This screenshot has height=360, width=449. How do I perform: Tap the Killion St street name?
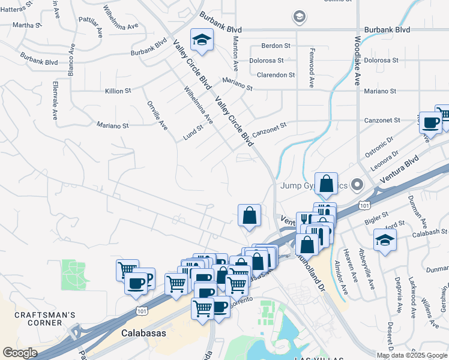point(118,91)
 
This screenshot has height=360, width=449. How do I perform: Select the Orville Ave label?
point(157,115)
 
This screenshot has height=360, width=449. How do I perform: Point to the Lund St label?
point(194,133)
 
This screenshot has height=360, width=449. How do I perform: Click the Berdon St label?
point(276,46)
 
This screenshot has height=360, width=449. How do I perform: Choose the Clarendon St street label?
point(276,76)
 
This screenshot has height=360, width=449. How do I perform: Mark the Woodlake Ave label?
point(357,61)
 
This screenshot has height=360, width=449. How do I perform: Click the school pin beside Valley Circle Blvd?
point(202,40)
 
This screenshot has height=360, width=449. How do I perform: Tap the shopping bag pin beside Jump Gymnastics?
point(326,184)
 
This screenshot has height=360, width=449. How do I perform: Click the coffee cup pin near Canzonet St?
point(430,122)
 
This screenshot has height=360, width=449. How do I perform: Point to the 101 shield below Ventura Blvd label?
point(364,205)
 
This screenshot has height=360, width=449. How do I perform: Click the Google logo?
point(20,353)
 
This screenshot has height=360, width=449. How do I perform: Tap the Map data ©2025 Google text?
point(411,355)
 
